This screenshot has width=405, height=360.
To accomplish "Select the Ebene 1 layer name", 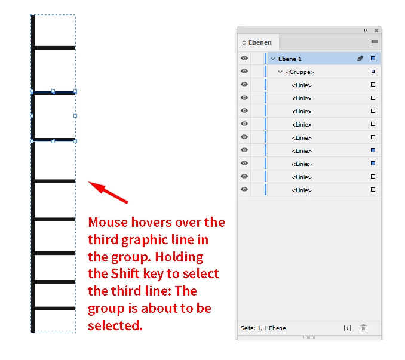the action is [290, 59].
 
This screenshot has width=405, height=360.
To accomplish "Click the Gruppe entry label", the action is [300, 72].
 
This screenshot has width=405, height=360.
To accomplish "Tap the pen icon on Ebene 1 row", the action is [360, 59].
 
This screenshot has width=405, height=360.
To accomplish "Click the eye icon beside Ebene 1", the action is [244, 58].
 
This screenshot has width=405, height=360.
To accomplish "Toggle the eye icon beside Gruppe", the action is [244, 71].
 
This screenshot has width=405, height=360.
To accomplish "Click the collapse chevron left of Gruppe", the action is [280, 72].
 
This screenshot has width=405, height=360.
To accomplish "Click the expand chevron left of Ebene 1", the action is [273, 59].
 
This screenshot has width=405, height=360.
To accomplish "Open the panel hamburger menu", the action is [375, 42].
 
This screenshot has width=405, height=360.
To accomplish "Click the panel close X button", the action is [376, 30].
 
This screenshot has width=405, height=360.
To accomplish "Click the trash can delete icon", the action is [363, 328].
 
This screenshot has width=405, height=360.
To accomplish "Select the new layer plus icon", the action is [348, 328].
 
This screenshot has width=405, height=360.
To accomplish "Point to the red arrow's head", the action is [88, 182].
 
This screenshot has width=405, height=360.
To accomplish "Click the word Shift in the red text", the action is [125, 274].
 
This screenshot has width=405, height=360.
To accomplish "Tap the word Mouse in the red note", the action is [108, 223].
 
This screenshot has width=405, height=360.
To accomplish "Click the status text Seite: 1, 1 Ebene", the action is [263, 328].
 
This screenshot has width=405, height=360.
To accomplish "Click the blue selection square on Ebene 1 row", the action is [373, 59].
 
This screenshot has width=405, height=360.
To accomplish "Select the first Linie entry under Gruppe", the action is [302, 85].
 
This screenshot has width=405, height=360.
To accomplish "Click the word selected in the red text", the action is [115, 325].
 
